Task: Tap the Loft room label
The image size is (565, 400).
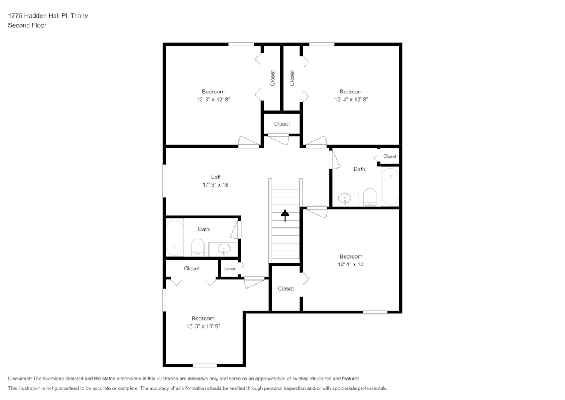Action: pos(216,177)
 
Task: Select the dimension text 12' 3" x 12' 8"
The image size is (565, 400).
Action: pos(213,100)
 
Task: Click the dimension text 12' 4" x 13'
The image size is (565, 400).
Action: pos(350,264)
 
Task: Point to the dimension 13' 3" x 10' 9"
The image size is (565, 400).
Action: pos(203,326)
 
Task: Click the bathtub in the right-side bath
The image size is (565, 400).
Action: pos(390,186)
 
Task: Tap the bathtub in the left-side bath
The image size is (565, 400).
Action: pos(175,238)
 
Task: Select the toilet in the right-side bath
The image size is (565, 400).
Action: pos(370,196)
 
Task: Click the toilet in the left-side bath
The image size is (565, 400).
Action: pos(198,247)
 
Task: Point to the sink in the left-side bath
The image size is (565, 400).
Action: pos(224,248)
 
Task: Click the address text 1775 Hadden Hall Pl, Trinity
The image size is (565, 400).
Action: pos(47,16)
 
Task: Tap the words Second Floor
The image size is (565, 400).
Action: pos(27,25)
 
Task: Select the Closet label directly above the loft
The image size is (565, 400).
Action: pos(282,124)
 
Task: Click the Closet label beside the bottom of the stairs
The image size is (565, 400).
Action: pos(286,289)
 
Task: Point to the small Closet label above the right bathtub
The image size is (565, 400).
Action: pos(390,156)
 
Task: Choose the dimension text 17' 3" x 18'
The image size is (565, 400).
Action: pos(216,184)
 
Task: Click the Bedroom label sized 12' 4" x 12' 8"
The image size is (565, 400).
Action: pos(351,92)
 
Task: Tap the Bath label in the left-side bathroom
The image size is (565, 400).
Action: pos(204,229)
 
